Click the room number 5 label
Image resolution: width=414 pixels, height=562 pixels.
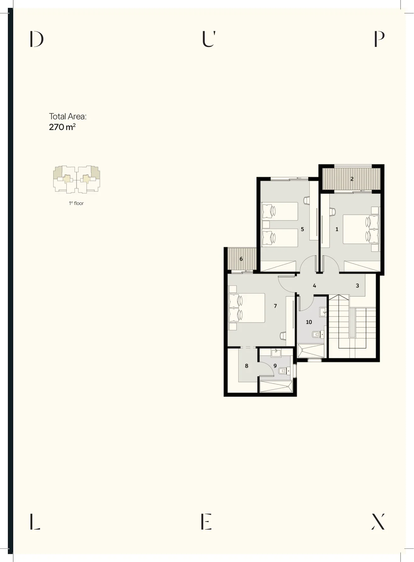coord(302,229)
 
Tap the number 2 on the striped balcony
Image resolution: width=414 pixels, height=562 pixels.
coord(352,179)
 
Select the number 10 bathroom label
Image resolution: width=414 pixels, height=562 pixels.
coord(309,322)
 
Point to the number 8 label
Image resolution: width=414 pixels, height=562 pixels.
coord(247,366)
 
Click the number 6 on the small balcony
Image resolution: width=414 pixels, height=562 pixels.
coord(241,259)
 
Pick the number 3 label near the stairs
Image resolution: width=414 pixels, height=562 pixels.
coord(357,286)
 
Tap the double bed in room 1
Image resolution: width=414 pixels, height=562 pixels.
coord(360,229)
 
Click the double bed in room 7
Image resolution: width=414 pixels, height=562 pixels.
coord(247,308)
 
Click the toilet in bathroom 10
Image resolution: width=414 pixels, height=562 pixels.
coord(318,334)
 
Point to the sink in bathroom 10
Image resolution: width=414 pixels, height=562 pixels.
coord(323,312)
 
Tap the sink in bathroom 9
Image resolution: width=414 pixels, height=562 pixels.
coord(276,353)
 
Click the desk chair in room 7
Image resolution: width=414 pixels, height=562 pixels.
coord(283,336)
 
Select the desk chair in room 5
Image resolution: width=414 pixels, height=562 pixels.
coord(307,200)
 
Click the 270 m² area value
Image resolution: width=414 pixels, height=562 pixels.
coord(62,127)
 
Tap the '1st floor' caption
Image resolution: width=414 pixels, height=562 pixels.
coord(76,203)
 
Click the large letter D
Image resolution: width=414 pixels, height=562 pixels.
coord(37,39)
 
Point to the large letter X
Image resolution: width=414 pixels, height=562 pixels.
coord(378,521)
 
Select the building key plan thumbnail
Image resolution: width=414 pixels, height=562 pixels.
coord(77,179)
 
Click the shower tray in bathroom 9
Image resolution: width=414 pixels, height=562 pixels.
coord(276,386)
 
